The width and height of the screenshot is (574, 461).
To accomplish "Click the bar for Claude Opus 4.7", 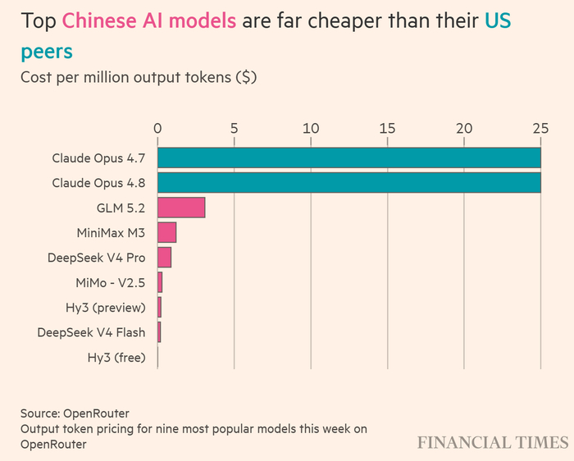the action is pos(349,157).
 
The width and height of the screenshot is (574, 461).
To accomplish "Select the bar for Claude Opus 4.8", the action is pos(349,183).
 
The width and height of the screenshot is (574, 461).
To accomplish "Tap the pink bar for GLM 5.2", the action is pos(181,208).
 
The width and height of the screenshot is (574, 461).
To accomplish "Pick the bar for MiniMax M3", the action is pos(167,232).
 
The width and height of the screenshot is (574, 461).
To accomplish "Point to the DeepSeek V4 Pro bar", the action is pos(164,258).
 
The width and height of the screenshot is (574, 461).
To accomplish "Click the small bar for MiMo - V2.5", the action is pos(160,282).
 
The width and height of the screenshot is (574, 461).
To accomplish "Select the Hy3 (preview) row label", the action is pos(106,308).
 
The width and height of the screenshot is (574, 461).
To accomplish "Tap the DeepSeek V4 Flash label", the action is pos(91,332).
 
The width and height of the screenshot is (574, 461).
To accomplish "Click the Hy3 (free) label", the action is pos(116,358).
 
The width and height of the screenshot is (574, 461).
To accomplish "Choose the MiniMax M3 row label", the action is pos(111,233).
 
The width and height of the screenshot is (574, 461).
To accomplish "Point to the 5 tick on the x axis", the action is pos(235,129).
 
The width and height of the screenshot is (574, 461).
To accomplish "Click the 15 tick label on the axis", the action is pos(388,129).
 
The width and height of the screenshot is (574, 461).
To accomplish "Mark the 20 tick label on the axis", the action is pos(464,129).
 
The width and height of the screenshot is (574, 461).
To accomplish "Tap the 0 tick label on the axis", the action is pos(157,129).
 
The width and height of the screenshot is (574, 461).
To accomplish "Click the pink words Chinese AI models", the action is pos(149,21).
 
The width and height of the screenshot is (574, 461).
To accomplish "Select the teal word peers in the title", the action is pos(47,52).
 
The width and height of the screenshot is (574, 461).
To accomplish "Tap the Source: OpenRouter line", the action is pos(75,413).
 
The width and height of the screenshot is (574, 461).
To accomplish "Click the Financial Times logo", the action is pos(493,442).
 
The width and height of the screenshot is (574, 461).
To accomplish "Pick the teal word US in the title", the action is pos(498,21).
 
